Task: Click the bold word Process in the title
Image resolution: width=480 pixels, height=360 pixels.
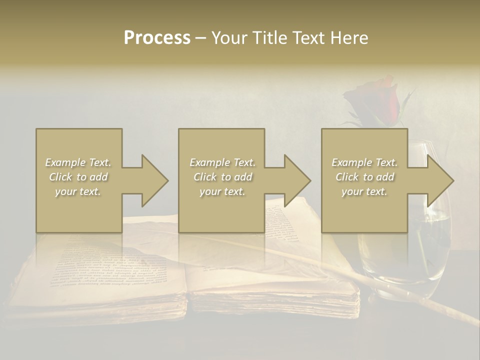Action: [x=157, y=38]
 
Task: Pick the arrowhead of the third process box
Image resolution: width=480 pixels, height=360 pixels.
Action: [x=439, y=180]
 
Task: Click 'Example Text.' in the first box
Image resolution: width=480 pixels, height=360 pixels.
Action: [x=78, y=162]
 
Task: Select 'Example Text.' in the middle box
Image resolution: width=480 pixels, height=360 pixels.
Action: [x=222, y=162]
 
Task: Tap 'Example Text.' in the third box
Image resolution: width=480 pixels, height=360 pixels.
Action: [x=364, y=162]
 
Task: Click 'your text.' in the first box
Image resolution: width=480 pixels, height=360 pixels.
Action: [x=78, y=191]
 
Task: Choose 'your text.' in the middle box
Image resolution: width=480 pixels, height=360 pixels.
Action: [x=222, y=191]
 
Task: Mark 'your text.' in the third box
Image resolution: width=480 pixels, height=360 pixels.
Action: [x=364, y=191]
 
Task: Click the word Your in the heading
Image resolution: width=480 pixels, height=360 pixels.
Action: [x=230, y=38]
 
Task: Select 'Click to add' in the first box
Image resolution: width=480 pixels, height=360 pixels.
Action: [x=78, y=177]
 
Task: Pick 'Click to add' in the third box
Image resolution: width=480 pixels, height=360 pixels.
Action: [x=364, y=177]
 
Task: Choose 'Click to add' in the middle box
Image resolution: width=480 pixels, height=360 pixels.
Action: [x=222, y=177]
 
